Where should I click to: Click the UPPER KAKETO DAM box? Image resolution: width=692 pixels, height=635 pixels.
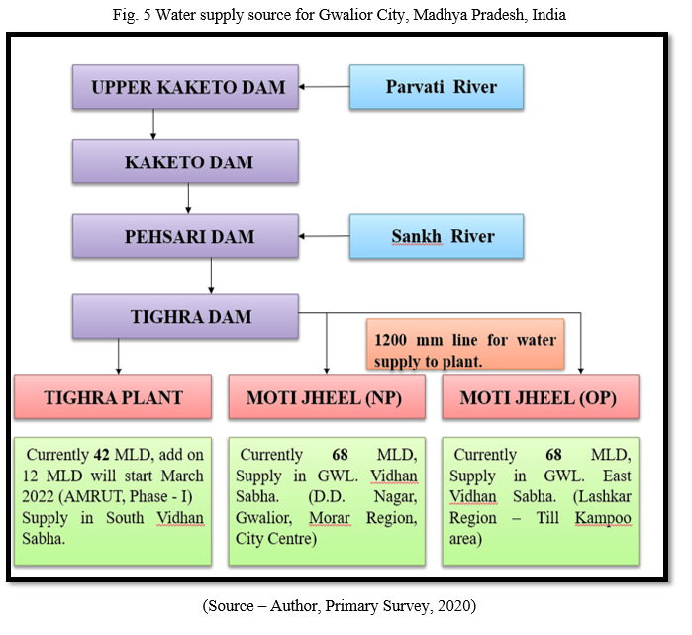[x=185, y=87]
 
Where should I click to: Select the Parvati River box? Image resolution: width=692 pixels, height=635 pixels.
[x=437, y=87]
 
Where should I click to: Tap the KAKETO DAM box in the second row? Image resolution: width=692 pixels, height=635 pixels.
[x=185, y=161]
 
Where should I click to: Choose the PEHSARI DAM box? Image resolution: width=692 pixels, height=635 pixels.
[x=185, y=236]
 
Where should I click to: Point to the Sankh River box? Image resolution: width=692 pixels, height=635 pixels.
[x=437, y=236]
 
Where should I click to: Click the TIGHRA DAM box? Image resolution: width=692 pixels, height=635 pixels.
[x=185, y=316]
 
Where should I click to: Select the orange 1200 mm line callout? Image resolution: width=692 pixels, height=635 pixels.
[x=465, y=344]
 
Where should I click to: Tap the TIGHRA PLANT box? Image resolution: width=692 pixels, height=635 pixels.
[x=113, y=397]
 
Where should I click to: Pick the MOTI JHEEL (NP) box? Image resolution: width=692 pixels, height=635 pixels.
[x=327, y=397]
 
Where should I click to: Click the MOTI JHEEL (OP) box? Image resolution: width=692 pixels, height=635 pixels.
[x=541, y=397]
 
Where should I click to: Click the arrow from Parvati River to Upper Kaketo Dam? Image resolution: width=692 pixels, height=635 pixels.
[x=325, y=87]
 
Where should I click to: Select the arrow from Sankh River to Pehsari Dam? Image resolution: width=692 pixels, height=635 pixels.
[x=325, y=236]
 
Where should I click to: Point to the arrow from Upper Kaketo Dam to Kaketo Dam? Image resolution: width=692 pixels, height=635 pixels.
[x=153, y=124]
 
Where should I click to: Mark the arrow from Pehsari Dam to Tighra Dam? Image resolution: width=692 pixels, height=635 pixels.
[x=211, y=276]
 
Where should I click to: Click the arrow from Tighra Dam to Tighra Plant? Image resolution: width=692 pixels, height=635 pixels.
[x=118, y=357]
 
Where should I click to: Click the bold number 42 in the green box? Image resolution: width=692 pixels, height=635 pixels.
[x=102, y=455]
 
